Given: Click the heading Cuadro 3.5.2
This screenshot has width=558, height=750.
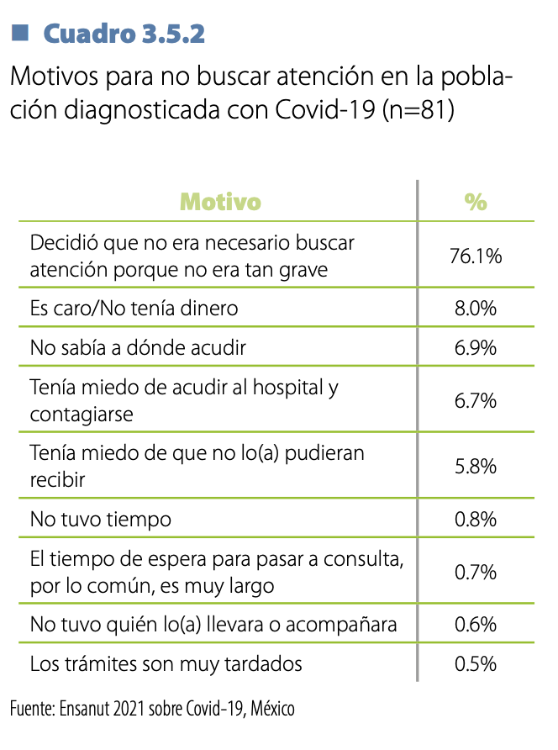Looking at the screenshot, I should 124,34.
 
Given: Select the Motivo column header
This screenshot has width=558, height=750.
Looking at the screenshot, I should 221,202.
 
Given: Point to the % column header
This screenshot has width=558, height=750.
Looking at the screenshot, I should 476,202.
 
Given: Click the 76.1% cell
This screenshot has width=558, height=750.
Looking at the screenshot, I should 476,256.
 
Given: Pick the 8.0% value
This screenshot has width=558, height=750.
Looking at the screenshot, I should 476,309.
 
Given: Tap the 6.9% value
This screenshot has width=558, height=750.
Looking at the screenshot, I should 476,347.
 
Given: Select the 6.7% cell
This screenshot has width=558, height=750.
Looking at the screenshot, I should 476,400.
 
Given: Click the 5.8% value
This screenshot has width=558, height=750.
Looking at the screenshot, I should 476,465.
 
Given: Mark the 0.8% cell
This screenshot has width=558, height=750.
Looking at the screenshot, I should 476,519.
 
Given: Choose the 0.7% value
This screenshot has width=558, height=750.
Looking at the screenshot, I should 476,572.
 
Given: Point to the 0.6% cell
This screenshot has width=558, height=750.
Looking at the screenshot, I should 476,625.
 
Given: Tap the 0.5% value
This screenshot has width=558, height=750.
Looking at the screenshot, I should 476,663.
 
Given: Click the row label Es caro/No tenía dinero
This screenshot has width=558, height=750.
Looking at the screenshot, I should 134,309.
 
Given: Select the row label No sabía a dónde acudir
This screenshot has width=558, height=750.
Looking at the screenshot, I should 138,347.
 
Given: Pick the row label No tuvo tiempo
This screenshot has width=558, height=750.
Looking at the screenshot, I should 100,519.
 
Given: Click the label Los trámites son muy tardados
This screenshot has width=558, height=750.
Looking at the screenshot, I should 166,663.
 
